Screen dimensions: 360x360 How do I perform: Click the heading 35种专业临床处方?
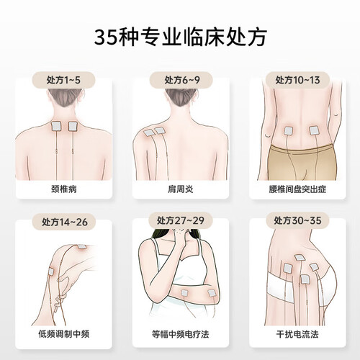180,37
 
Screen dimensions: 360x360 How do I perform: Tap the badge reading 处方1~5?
63,80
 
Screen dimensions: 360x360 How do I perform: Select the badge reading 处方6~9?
181,80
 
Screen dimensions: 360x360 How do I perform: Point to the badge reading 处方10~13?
297,80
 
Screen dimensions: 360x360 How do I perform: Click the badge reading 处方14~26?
64,222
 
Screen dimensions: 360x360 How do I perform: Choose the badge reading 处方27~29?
181,220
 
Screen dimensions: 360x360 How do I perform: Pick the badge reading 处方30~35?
297,220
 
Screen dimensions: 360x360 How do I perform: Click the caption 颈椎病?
64,189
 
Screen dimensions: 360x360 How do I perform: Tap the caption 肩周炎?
181,189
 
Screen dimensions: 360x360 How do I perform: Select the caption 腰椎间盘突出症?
297,189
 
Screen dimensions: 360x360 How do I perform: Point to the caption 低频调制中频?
64,334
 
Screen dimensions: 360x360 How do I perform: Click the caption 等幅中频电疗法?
181,334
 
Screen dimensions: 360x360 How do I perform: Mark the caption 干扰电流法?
297,334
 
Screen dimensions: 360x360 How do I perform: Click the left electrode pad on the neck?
57,126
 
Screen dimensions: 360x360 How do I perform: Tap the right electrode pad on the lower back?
314,130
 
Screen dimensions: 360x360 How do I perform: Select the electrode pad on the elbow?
212,293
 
